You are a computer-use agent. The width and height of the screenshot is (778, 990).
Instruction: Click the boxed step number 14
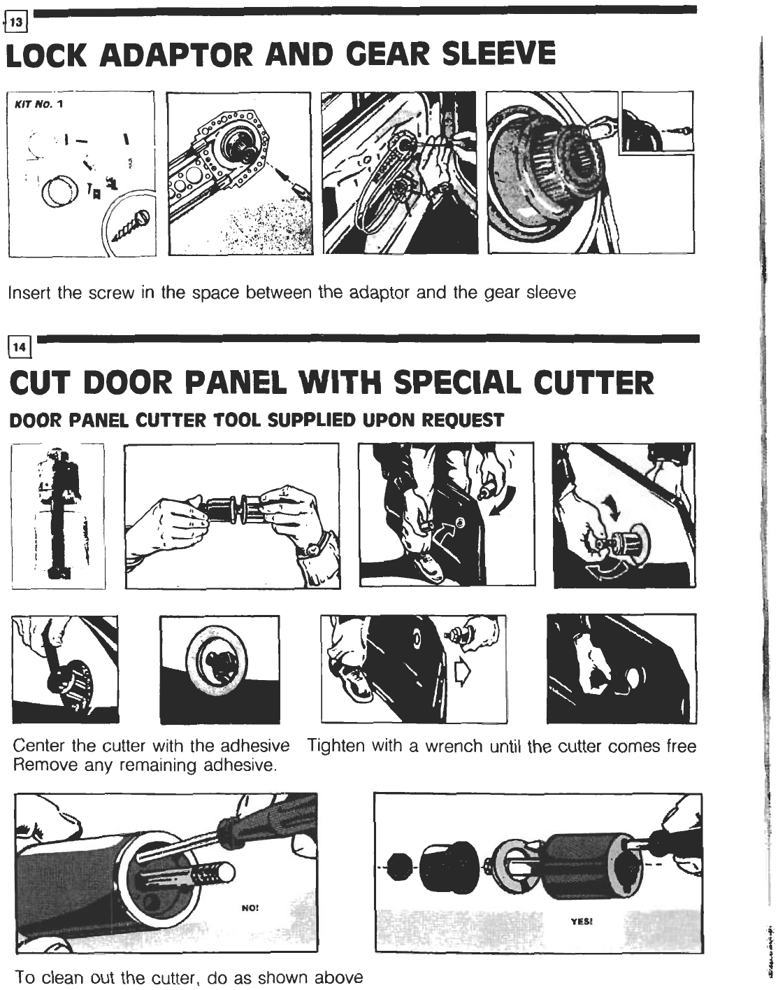(x=20, y=347)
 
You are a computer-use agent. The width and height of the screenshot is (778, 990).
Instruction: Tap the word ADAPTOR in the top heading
(x=176, y=55)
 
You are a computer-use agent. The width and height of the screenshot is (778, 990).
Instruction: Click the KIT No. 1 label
(x=38, y=104)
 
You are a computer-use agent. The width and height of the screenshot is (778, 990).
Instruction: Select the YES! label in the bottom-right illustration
(x=582, y=921)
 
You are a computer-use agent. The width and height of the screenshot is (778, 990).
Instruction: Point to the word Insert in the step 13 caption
(x=29, y=292)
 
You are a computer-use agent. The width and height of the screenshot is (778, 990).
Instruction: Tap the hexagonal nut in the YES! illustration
(x=400, y=868)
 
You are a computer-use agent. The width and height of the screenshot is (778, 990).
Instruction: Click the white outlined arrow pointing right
(x=463, y=672)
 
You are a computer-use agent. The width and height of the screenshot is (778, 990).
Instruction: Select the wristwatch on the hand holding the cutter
(x=314, y=549)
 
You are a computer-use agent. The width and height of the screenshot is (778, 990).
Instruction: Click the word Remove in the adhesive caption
(x=40, y=765)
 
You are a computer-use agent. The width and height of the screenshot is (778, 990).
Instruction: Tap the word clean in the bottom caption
(x=61, y=977)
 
